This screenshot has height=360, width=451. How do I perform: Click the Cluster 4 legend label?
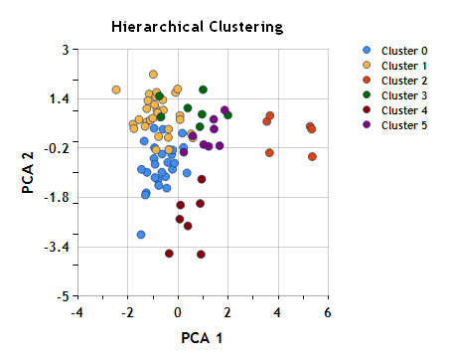404,109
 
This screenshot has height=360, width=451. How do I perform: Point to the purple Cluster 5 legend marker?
367,124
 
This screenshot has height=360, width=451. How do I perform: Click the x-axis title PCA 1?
204,338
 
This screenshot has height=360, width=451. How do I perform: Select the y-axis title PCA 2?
27,172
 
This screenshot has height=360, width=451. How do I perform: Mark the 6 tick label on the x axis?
328,313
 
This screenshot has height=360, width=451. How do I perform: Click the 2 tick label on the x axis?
228,313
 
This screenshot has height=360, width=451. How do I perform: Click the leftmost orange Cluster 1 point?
116,90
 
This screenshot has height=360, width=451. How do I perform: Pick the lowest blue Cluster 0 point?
141,235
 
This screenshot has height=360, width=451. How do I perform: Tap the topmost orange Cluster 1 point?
153,74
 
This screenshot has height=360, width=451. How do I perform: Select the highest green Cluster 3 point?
203,90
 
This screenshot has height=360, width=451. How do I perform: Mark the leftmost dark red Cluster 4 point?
169,254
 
